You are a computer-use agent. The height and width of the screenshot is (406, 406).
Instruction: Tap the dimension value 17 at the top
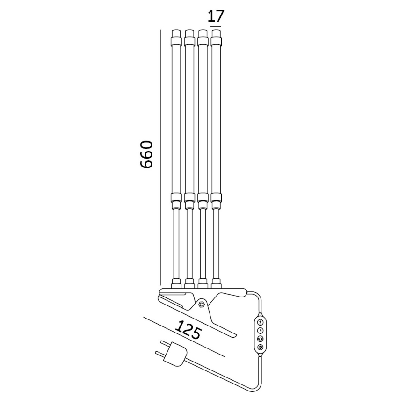coord(216,16)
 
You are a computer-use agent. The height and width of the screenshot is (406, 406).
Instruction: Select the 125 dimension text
coord(188,330)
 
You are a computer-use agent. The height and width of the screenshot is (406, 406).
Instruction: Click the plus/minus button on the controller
coord(260,322)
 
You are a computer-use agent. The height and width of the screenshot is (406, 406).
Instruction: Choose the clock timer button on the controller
coord(260,330)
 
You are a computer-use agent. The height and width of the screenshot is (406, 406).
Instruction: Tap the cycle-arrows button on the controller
coord(260,339)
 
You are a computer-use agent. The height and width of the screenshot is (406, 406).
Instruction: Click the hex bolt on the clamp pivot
coord(201,304)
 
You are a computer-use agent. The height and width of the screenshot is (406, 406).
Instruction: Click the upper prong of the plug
coord(160,344)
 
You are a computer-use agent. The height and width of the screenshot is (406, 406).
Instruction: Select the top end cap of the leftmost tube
coord(175,37)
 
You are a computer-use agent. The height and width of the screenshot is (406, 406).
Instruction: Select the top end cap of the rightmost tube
coord(216,37)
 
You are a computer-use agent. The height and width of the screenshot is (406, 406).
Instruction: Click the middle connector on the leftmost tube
coord(175,200)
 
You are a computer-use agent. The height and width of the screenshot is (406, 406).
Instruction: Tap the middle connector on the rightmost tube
coord(216,200)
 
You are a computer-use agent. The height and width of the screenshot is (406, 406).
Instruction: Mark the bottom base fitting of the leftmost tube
coord(175,283)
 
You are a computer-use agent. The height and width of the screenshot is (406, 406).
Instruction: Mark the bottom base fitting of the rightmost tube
coord(216,283)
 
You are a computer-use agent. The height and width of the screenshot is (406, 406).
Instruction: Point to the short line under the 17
coord(216,27)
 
